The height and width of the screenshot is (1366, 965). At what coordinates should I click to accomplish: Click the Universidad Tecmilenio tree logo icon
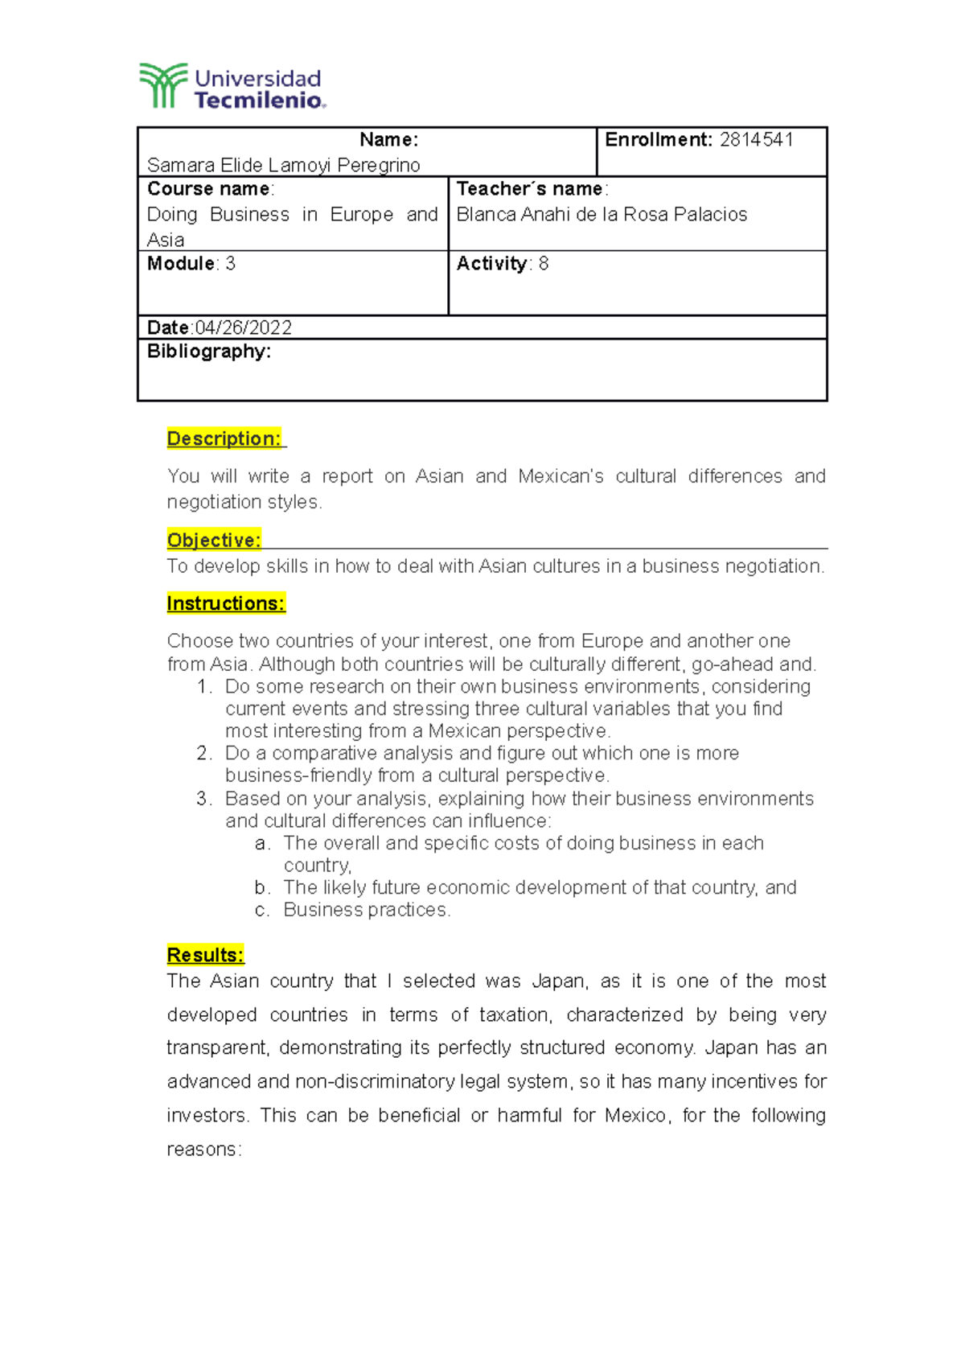point(163,85)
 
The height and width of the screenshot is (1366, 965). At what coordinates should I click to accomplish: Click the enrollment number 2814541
point(756,140)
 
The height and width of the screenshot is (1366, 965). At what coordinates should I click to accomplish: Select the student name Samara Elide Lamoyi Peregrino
point(283,166)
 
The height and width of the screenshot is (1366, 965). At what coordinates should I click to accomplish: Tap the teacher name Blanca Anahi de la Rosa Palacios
point(602,215)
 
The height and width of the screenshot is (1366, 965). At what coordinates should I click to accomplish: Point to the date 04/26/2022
point(243,327)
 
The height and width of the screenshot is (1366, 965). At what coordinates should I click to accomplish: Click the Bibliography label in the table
point(209,352)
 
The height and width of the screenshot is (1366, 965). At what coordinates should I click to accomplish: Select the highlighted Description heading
point(224,439)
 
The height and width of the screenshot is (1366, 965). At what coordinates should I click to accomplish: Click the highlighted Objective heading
point(214,541)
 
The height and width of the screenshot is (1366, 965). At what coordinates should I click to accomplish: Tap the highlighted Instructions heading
point(226,603)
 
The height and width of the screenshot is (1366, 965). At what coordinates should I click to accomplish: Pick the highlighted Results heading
point(205,955)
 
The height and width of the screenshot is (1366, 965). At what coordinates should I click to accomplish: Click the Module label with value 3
point(191,264)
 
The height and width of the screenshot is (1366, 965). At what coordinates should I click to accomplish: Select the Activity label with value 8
point(502,264)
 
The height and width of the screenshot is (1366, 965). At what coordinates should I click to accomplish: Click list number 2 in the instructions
point(203,754)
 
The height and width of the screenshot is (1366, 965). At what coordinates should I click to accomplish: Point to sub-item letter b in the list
point(261,887)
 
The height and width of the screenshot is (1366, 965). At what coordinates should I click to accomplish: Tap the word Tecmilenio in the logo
point(259,101)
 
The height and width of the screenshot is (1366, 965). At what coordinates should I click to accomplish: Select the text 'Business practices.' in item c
point(367,910)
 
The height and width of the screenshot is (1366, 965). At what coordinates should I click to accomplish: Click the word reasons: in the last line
point(203,1150)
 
